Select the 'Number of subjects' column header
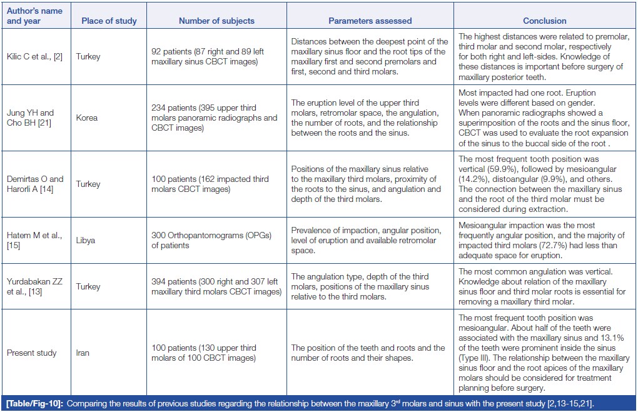pos(216,21)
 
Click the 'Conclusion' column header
pos(545,21)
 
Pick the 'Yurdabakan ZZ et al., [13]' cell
pos(34,286)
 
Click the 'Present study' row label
pos(32,353)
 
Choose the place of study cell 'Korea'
pos(88,118)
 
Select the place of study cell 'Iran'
pos(83,353)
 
